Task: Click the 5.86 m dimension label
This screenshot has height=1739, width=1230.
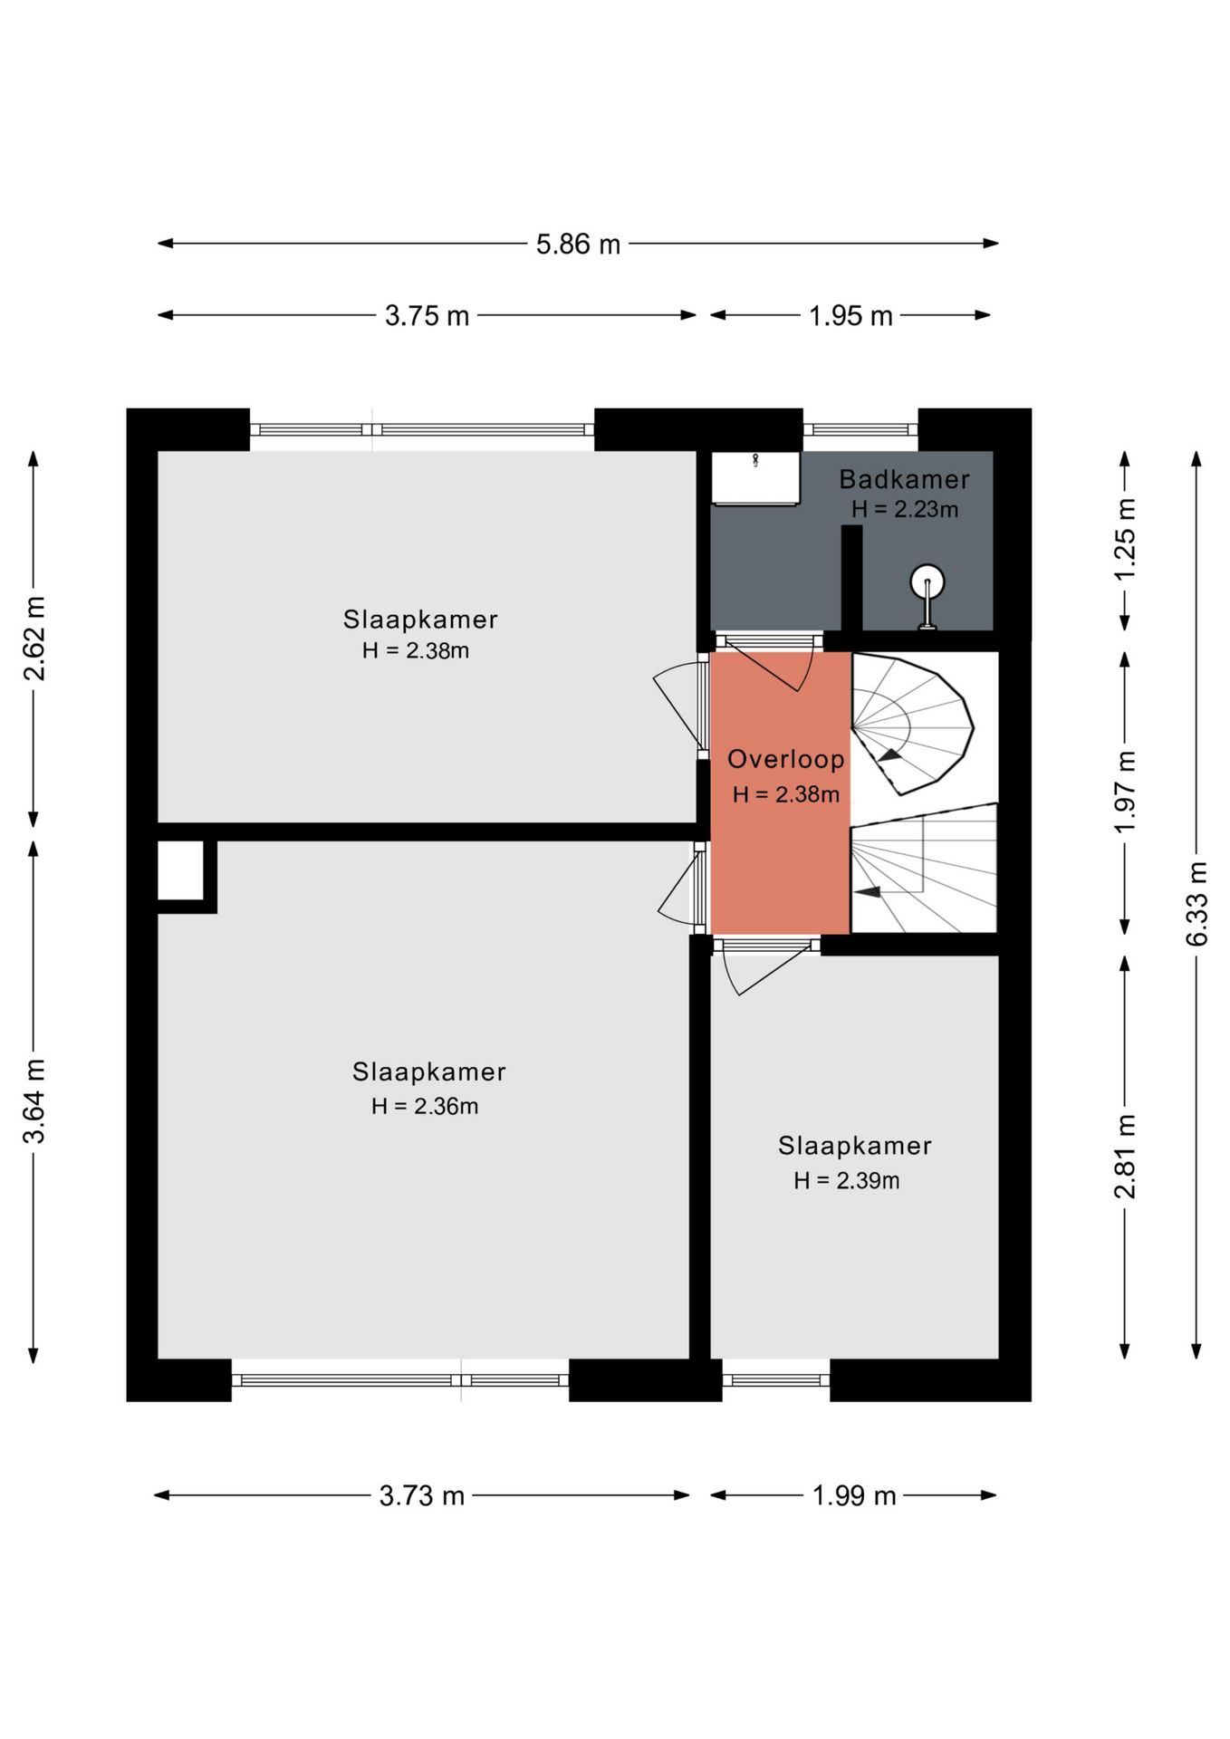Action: pyautogui.click(x=578, y=244)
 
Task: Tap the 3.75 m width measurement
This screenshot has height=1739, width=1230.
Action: pyautogui.click(x=427, y=315)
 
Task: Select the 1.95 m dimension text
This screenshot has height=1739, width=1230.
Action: pyautogui.click(x=850, y=315)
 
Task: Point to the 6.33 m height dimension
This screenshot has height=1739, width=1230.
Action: pyautogui.click(x=1196, y=903)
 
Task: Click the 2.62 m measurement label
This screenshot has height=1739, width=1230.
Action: pyautogui.click(x=34, y=638)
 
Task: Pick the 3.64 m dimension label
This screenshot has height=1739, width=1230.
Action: pyautogui.click(x=34, y=1100)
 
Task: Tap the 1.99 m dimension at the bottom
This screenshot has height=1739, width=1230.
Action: pyautogui.click(x=854, y=1495)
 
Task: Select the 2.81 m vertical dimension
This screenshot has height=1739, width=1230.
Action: pyautogui.click(x=1125, y=1157)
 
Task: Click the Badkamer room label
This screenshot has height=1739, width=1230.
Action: pyautogui.click(x=904, y=479)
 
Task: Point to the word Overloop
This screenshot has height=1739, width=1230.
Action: pyautogui.click(x=786, y=759)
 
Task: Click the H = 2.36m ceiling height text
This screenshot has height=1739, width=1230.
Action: pyautogui.click(x=425, y=1106)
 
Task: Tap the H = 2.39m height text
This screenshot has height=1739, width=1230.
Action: pyautogui.click(x=847, y=1180)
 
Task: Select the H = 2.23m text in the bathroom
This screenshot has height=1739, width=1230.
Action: pyautogui.click(x=905, y=509)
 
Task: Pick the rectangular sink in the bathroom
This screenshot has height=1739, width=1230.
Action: pyautogui.click(x=755, y=478)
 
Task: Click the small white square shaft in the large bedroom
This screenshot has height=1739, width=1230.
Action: pyautogui.click(x=180, y=870)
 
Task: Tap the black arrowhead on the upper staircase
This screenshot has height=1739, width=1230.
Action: pyautogui.click(x=890, y=754)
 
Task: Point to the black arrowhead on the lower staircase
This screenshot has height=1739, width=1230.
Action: pyautogui.click(x=868, y=891)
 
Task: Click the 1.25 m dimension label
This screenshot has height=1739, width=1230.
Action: pyautogui.click(x=1125, y=540)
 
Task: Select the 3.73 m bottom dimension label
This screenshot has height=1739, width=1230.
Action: pyautogui.click(x=422, y=1495)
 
